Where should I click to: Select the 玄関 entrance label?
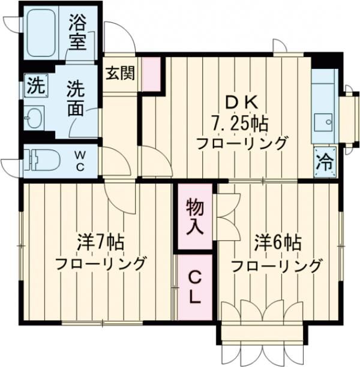(120, 73)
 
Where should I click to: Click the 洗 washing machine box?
(35, 86)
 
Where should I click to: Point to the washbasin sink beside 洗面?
(35, 118)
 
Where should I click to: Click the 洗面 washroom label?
(76, 98)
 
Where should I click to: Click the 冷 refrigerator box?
(325, 160)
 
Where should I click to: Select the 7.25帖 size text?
(239, 124)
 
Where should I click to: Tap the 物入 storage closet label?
(194, 217)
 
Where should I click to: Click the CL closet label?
(194, 286)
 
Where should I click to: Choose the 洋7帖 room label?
(100, 243)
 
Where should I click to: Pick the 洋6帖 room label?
(277, 243)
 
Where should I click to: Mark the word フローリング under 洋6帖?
(277, 265)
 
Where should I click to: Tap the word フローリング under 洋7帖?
(101, 264)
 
